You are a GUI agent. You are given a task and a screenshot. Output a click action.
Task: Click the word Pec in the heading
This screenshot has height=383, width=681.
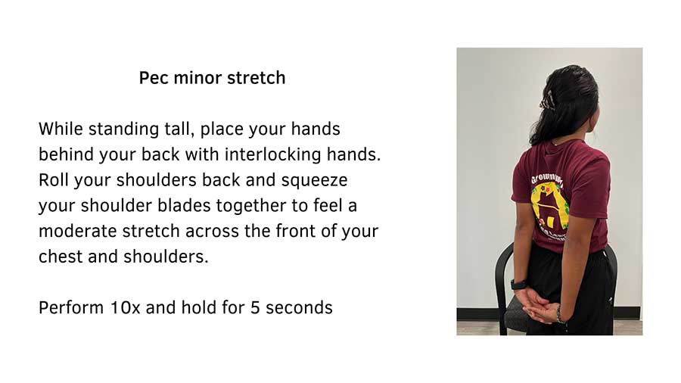153,78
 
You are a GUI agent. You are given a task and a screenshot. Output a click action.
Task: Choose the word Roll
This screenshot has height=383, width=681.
54,180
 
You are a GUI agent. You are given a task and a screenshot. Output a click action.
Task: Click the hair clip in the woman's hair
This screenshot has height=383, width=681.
545,101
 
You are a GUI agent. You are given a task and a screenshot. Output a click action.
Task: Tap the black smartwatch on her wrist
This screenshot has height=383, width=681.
519,285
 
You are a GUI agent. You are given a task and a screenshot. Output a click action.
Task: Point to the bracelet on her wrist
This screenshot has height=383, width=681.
558,312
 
